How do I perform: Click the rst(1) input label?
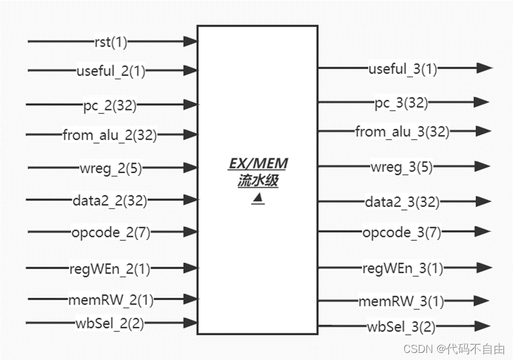tap(111, 42)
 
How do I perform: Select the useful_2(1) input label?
tap(111, 72)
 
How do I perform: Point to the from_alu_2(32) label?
tap(110, 136)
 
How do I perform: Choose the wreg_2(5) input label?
tap(110, 168)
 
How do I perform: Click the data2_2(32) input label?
tap(110, 200)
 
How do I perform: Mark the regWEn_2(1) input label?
tap(110, 269)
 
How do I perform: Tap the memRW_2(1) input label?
tap(110, 301)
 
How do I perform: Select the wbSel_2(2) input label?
tap(110, 324)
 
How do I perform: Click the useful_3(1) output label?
tap(403, 69)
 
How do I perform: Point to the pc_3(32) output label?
tap(401, 103)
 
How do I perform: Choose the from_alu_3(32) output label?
tap(402, 132)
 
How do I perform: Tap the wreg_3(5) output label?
tap(401, 167)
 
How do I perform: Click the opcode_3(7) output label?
tap(402, 232)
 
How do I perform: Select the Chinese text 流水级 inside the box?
tap(257, 181)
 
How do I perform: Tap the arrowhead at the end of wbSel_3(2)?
tap(483, 326)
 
